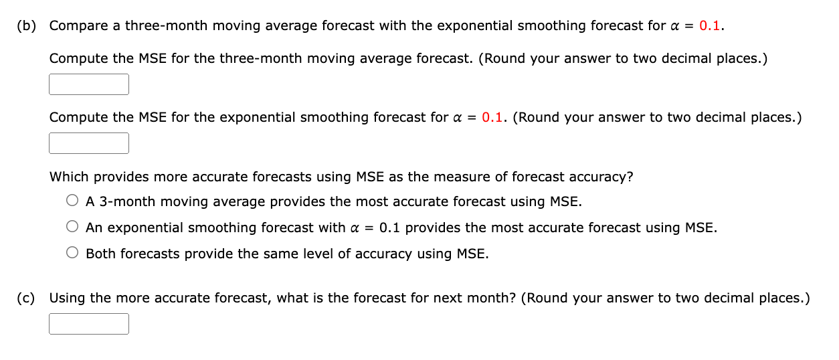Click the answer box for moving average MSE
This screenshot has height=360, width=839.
point(89,84)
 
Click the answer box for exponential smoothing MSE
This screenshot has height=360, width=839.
point(89,143)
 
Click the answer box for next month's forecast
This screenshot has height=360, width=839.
point(89,324)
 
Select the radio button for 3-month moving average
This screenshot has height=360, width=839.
point(72,201)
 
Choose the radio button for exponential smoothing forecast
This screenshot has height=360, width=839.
point(72,226)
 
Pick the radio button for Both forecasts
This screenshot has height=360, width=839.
point(72,252)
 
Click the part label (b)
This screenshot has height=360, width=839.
point(27,26)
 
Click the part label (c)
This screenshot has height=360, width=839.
point(26,298)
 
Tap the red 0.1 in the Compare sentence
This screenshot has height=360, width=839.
point(709,25)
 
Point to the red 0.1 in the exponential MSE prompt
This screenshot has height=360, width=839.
point(492,117)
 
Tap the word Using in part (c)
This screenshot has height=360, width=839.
point(68,298)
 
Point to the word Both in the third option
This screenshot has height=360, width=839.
point(101,254)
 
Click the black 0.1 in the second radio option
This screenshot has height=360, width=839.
point(389,228)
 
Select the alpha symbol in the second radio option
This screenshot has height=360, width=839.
point(355,228)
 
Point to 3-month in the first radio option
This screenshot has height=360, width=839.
point(127,201)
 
